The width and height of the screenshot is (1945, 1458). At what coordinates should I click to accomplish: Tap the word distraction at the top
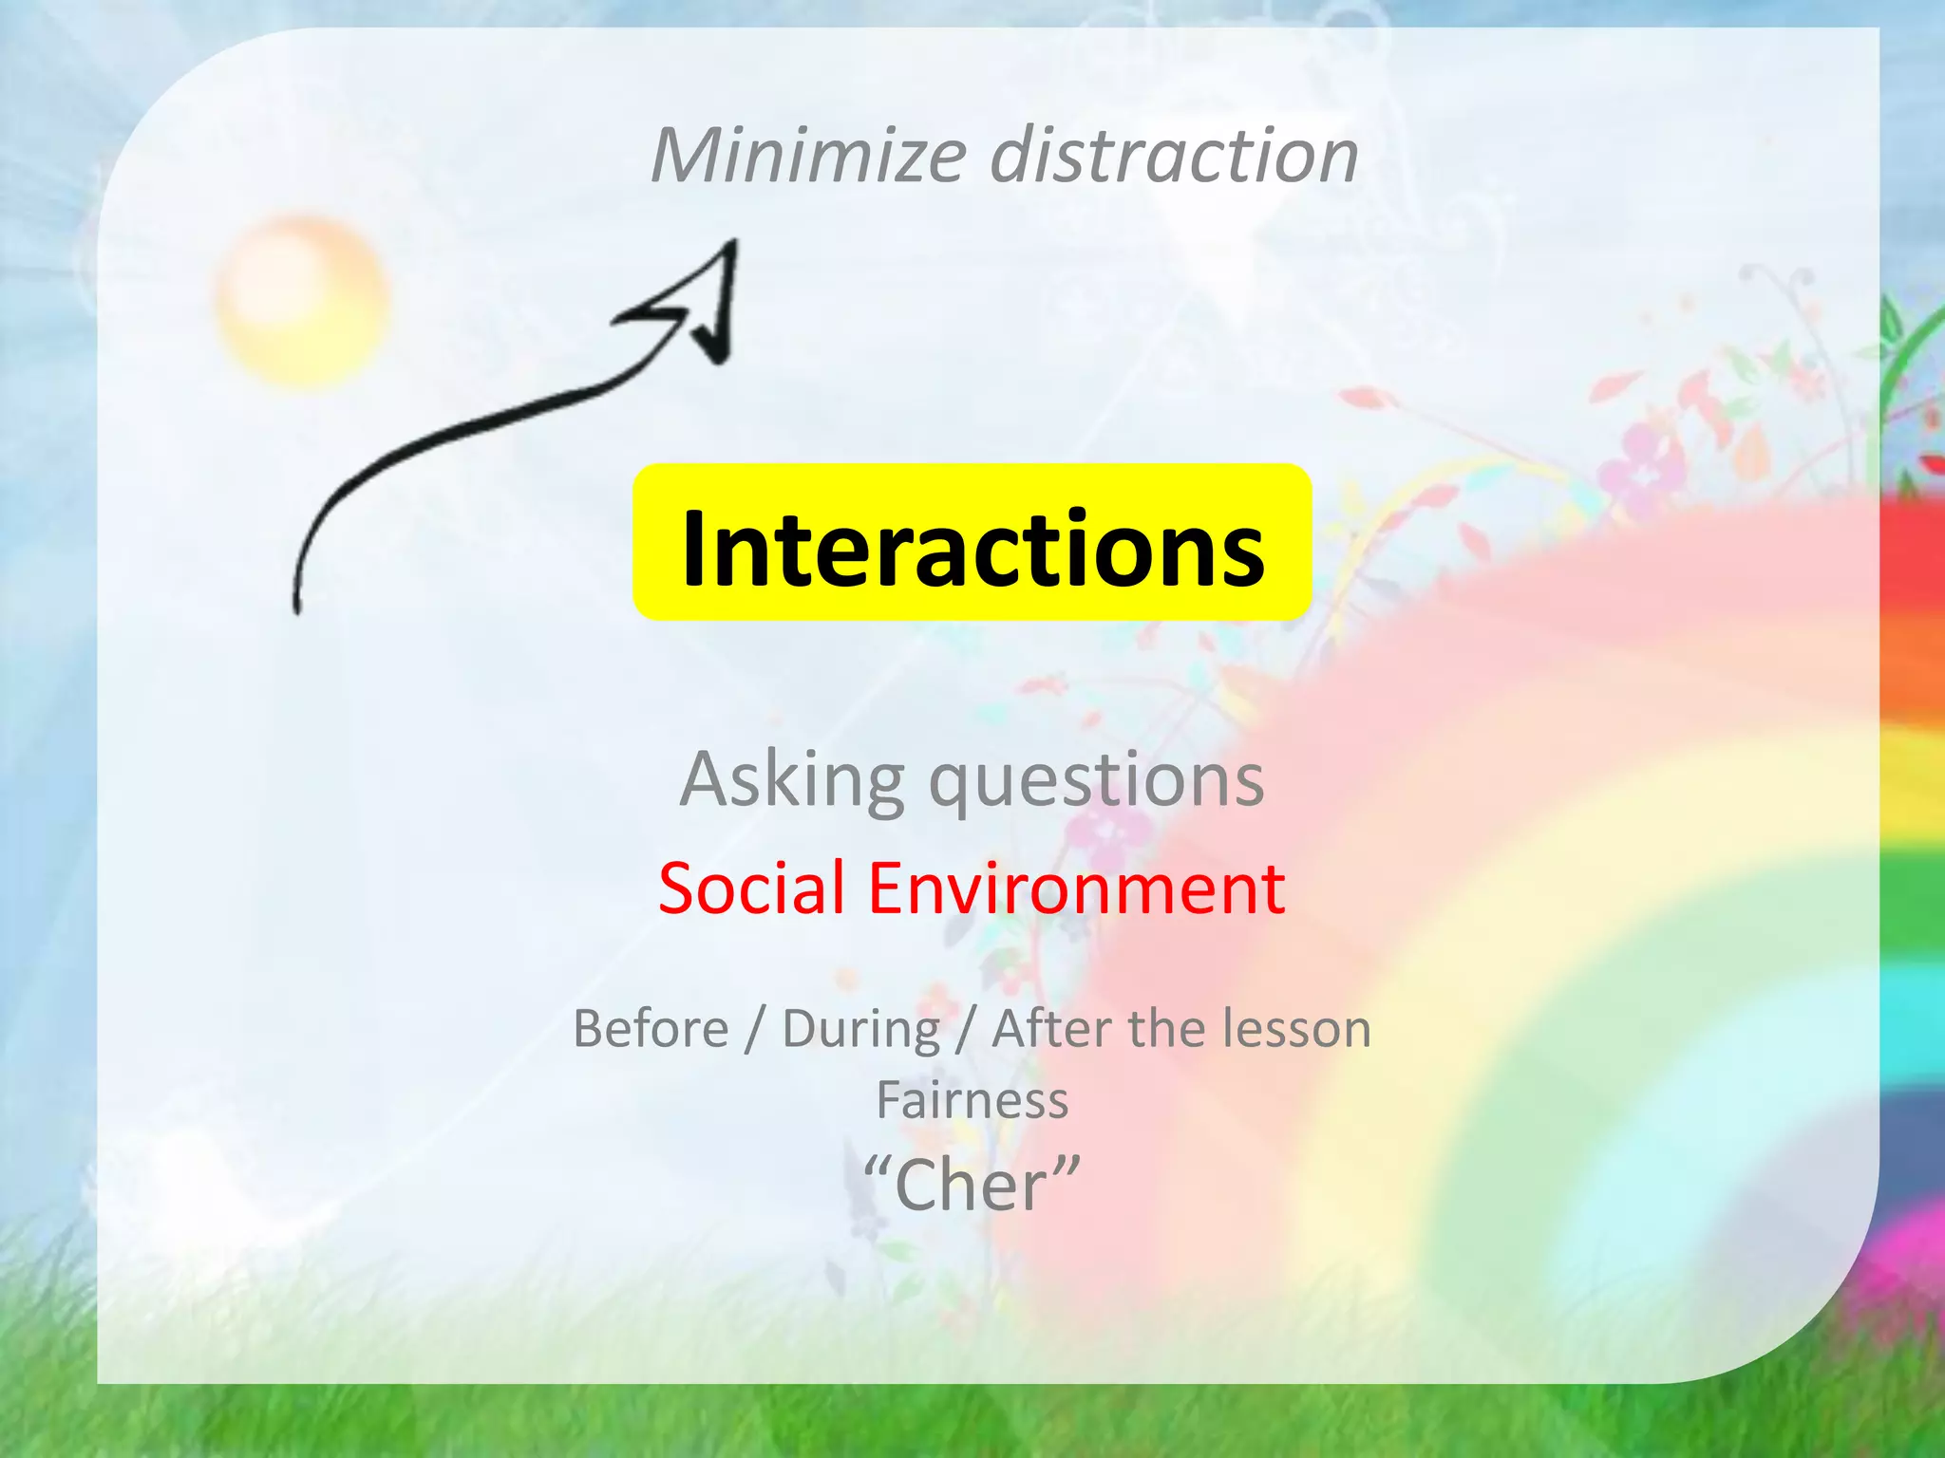(1174, 156)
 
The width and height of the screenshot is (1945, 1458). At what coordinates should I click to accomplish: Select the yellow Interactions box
(972, 542)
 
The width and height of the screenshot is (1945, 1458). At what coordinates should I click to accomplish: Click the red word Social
(750, 888)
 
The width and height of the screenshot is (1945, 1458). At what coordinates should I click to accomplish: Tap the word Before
(651, 1029)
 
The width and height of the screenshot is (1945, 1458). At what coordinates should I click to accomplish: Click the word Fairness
(972, 1101)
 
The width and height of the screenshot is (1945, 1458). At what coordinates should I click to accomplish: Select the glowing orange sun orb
(302, 300)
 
